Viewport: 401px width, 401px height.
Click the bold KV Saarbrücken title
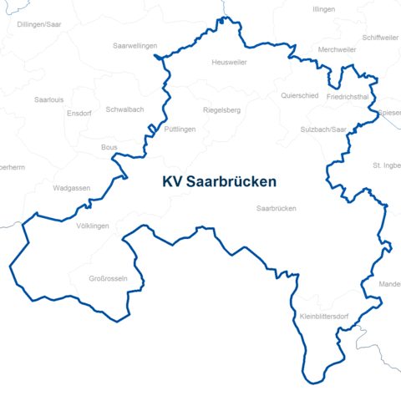[219, 181]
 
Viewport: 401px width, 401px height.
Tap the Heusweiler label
[229, 63]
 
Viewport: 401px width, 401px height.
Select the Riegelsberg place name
[221, 110]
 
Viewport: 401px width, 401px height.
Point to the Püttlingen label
[180, 129]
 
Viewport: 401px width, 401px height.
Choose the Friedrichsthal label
[348, 97]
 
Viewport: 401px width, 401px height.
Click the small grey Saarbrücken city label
[277, 208]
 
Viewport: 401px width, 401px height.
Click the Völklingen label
[92, 226]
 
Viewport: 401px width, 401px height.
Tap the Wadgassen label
[71, 189]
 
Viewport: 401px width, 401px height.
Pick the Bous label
[109, 147]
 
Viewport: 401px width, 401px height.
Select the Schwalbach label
[125, 110]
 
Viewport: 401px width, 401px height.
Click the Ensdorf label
[78, 113]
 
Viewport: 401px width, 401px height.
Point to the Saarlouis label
[48, 99]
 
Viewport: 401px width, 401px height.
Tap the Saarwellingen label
[135, 46]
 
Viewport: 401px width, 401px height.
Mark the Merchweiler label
[338, 50]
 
